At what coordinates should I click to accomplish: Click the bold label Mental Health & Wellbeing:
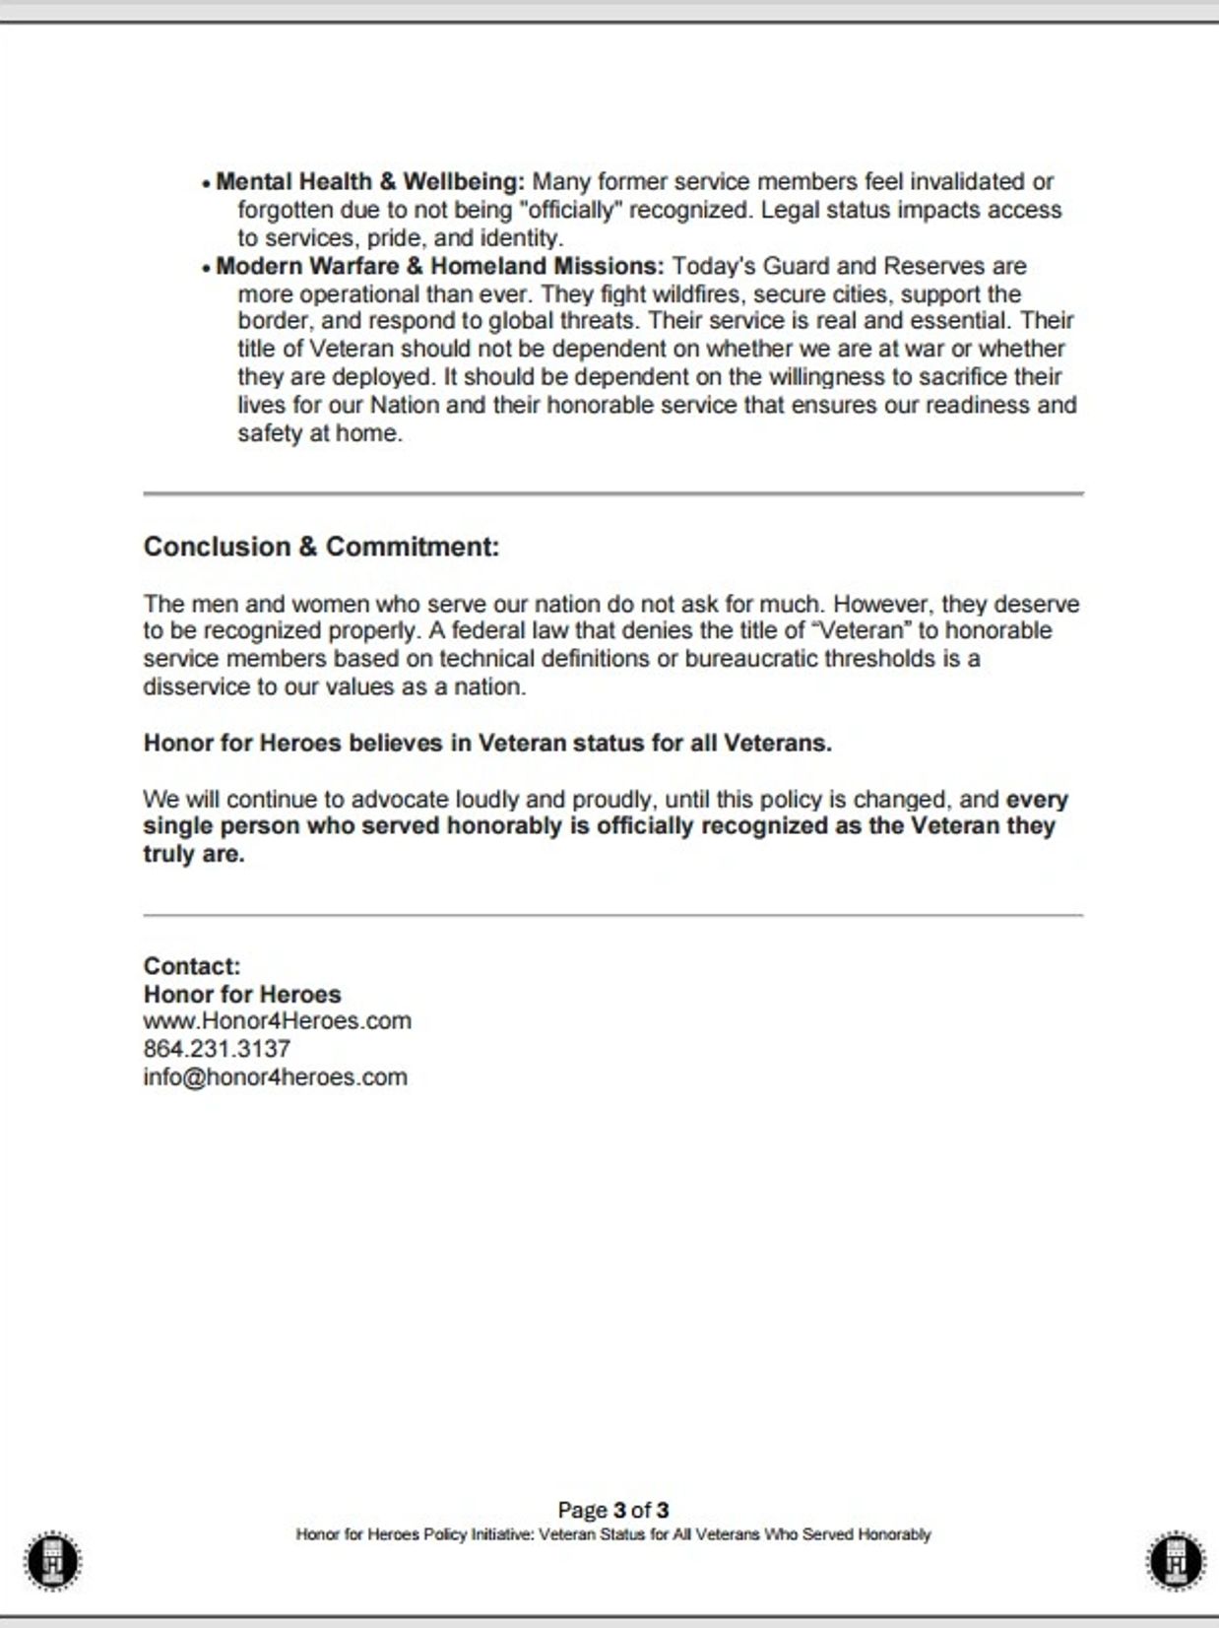pos(370,182)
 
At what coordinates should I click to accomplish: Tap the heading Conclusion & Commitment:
pos(321,547)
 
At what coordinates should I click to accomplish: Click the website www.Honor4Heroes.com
pos(277,1021)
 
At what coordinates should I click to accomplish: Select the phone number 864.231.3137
pos(217,1049)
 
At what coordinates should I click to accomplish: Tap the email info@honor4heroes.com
pos(275,1077)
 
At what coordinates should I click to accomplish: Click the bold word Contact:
pos(192,966)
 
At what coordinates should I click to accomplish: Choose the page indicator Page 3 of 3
pos(612,1510)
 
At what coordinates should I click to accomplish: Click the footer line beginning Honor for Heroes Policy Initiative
pos(612,1534)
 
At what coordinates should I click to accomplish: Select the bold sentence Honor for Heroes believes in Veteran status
pos(487,744)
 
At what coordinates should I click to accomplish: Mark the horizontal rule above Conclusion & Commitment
pos(612,493)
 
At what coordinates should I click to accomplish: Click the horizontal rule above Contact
pos(612,915)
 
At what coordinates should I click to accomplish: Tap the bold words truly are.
pos(194,855)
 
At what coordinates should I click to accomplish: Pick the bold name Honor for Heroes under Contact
pos(242,995)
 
